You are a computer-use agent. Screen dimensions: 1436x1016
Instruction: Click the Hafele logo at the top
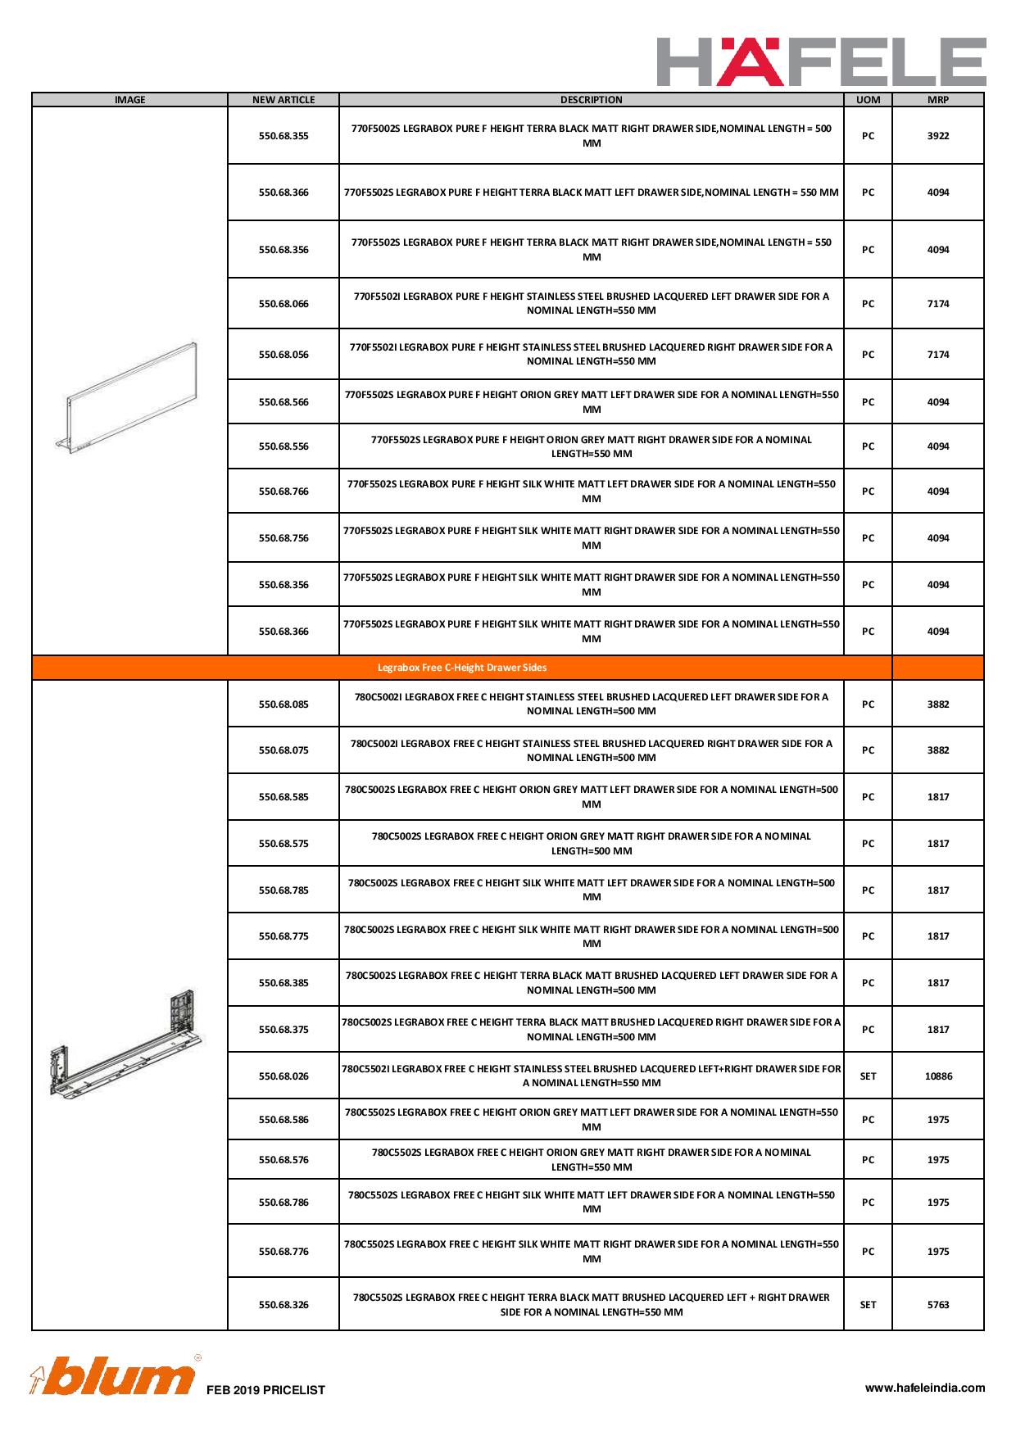[x=821, y=61]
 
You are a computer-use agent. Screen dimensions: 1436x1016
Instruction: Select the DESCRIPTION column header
[x=591, y=100]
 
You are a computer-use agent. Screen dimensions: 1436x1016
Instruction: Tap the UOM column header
[x=868, y=100]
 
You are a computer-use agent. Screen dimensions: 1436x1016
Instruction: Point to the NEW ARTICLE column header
[x=283, y=100]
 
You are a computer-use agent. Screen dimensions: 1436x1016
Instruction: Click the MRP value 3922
[x=937, y=136]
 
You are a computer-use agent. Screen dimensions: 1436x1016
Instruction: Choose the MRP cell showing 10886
[x=937, y=1076]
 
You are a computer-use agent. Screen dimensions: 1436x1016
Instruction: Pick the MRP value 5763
[x=937, y=1305]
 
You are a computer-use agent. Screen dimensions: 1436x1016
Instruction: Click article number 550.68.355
[x=283, y=136]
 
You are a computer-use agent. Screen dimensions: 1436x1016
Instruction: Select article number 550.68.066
[x=283, y=304]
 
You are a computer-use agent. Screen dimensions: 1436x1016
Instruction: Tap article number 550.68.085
[x=283, y=704]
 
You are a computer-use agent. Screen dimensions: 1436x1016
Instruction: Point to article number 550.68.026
[x=283, y=1076]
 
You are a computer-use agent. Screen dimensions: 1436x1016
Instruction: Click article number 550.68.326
[x=283, y=1305]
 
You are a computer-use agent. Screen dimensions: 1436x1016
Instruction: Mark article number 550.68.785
[x=283, y=890]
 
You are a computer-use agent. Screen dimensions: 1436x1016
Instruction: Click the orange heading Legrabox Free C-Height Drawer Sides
[x=462, y=668]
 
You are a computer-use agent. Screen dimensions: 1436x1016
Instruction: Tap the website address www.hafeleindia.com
[x=925, y=1388]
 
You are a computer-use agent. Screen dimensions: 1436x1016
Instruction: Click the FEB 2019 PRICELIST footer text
[x=266, y=1390]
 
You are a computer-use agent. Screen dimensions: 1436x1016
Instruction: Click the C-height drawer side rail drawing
[x=127, y=1045]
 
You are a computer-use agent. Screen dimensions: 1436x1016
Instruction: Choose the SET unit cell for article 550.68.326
[x=868, y=1305]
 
